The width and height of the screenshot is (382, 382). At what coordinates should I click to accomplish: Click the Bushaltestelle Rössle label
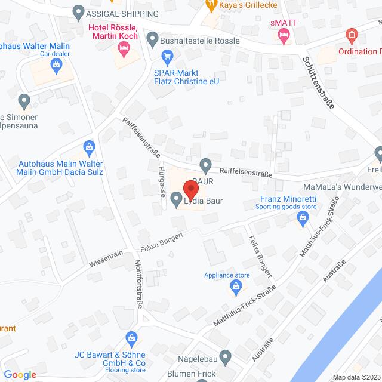[201, 41]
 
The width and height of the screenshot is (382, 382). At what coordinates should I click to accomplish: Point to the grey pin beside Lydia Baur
[176, 200]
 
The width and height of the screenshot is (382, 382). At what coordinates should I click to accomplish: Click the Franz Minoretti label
[284, 199]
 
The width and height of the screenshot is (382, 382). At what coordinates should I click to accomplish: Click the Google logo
[19, 375]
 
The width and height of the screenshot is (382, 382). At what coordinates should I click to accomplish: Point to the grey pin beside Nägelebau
[225, 358]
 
